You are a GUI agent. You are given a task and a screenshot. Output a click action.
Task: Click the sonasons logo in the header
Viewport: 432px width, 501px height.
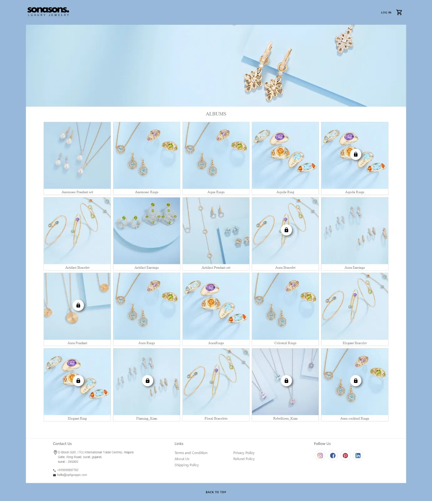(x=48, y=12)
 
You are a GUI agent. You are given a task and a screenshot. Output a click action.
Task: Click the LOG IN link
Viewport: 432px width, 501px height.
(x=386, y=13)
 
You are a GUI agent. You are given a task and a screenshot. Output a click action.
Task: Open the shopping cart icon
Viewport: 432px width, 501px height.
(x=399, y=12)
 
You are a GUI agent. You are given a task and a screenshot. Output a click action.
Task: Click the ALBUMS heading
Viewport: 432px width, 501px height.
(x=216, y=114)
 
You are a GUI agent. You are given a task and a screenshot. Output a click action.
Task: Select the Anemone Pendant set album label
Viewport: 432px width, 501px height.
(x=77, y=192)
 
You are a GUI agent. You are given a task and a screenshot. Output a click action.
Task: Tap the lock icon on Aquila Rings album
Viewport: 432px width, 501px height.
(x=356, y=154)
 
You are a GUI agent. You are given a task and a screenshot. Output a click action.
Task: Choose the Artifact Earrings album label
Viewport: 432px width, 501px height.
(x=147, y=268)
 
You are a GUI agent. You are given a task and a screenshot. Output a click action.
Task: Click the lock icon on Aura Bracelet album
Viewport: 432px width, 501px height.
(x=286, y=230)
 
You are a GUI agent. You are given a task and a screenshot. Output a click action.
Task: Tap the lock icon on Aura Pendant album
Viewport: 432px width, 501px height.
(x=78, y=305)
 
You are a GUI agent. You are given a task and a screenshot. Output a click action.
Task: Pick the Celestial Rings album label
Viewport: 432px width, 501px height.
(x=285, y=343)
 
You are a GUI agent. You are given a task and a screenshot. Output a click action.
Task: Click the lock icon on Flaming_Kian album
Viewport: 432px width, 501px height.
(x=148, y=381)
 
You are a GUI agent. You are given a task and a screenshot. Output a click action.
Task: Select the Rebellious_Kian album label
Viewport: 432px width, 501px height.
(x=285, y=419)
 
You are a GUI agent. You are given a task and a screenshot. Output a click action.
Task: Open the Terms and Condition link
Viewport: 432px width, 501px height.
(x=191, y=453)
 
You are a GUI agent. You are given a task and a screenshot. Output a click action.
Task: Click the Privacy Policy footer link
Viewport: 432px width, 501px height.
(x=244, y=453)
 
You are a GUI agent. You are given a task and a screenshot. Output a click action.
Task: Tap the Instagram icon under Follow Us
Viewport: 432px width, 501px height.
(x=320, y=456)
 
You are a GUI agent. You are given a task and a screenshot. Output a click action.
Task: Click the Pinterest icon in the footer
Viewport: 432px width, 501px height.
(x=345, y=456)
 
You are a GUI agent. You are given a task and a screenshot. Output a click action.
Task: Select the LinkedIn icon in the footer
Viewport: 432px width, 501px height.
(x=358, y=456)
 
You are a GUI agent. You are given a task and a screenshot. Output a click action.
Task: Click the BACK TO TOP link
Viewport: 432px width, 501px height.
(x=216, y=492)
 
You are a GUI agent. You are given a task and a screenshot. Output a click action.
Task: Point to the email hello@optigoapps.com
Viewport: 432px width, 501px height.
(x=72, y=475)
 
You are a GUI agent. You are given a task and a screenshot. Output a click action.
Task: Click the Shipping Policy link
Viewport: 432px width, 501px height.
(x=187, y=465)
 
